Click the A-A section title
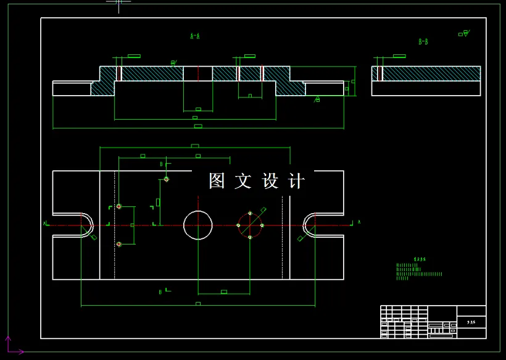(195, 36)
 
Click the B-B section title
(423, 42)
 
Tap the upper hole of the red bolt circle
(250, 214)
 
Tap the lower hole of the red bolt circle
(250, 237)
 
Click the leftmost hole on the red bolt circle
(239, 225)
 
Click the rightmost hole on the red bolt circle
(262, 225)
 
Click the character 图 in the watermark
(217, 181)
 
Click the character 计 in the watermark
(297, 181)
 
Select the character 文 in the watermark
(243, 181)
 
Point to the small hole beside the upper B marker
(167, 179)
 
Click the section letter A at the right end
(359, 220)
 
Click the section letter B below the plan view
(160, 291)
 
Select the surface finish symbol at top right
(464, 33)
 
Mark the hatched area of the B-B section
(432, 73)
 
